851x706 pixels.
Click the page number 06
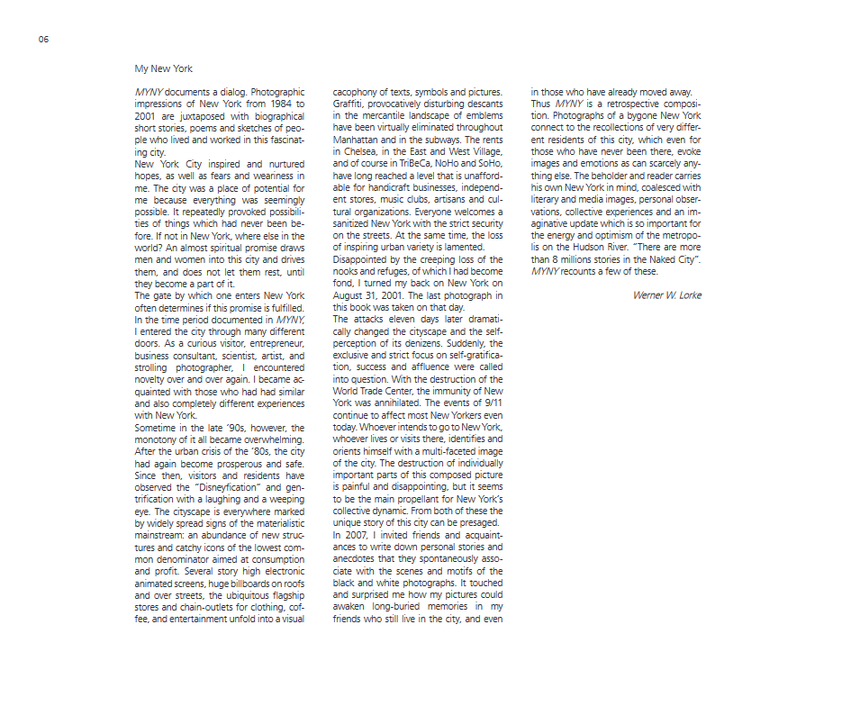click(43, 40)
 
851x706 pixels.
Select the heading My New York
click(163, 68)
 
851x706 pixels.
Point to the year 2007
click(358, 535)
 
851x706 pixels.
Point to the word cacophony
click(357, 91)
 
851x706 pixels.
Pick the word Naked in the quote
click(640, 259)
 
